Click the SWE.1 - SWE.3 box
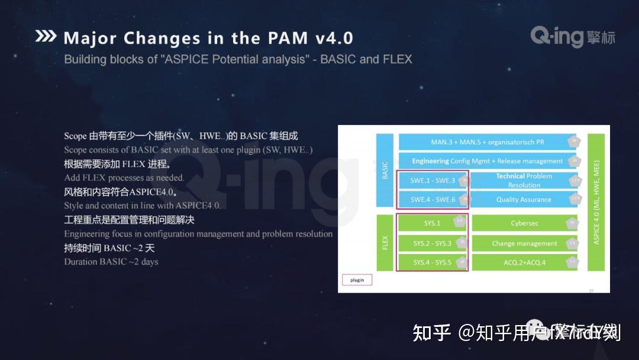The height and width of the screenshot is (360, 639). coord(433,181)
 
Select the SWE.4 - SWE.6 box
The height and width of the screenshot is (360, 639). coord(433,200)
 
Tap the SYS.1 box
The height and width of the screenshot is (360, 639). coord(432,223)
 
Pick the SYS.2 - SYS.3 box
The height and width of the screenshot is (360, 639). coord(432,243)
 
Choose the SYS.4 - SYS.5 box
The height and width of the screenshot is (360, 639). coord(432,262)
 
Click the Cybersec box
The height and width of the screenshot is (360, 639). coord(524,223)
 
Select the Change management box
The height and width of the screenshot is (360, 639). coord(524,243)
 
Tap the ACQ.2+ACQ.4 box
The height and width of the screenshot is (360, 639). coord(524,262)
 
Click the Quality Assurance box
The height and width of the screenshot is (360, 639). coord(524,200)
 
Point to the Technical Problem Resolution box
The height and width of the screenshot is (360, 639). coord(524,181)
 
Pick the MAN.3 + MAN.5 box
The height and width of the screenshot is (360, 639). coord(487,142)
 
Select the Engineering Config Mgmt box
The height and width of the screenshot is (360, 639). coord(487,161)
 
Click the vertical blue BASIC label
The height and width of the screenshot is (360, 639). coord(385,171)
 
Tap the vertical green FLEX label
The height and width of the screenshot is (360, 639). coord(385,243)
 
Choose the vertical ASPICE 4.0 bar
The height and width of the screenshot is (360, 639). coord(596,202)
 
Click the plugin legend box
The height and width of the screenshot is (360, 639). coord(357,280)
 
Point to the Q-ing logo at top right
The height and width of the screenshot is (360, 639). coord(572,37)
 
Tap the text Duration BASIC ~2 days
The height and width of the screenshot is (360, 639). coord(111,262)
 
